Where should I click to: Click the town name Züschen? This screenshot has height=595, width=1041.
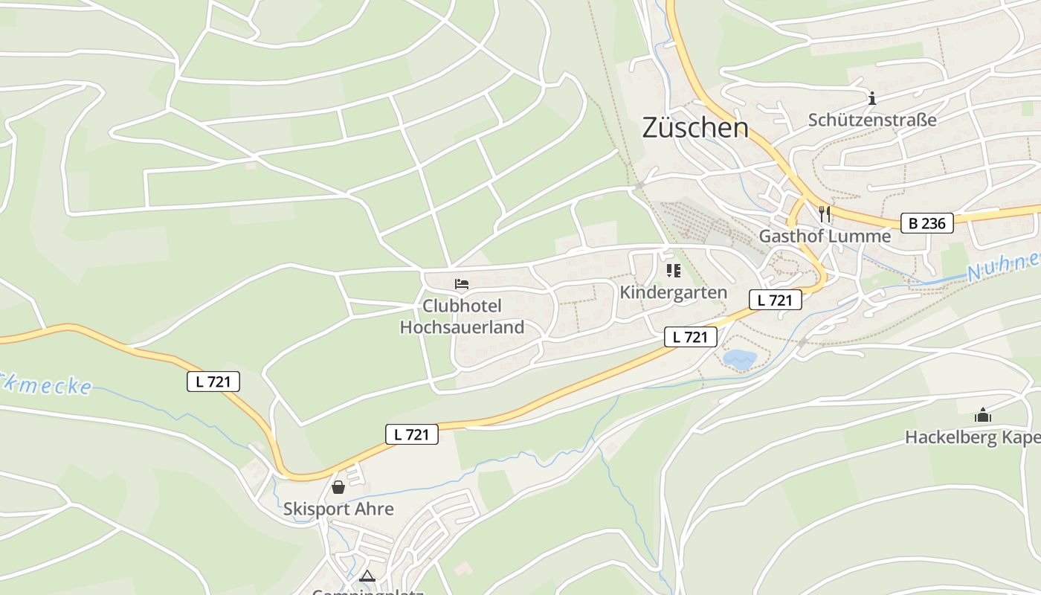coord(694,128)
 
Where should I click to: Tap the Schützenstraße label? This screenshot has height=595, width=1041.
coord(871,120)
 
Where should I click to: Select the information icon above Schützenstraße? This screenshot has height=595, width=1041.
coord(872,98)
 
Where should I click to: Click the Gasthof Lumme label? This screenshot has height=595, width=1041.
coord(824,237)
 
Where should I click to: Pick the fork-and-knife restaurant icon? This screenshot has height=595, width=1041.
coord(824,214)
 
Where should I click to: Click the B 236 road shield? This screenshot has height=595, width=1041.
coord(927,222)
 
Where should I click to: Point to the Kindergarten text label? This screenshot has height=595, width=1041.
coord(673,292)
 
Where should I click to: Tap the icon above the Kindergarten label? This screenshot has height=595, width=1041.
coord(673,271)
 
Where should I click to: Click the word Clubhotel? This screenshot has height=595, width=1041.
coord(462,306)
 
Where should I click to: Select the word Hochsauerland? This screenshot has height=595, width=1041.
coord(462,327)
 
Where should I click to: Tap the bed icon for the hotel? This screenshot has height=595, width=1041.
coord(462,284)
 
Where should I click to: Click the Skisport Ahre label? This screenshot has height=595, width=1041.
coord(338,509)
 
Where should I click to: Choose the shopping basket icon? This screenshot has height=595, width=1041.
coord(338,487)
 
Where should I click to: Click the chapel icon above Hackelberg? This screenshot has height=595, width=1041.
coord(983,415)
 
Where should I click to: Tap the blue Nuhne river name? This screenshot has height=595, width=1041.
coord(1004,266)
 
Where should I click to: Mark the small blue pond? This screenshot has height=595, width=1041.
coord(740,360)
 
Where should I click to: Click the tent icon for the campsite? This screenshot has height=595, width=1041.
coord(367,576)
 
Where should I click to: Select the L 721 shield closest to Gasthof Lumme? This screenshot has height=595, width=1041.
coord(775,300)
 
